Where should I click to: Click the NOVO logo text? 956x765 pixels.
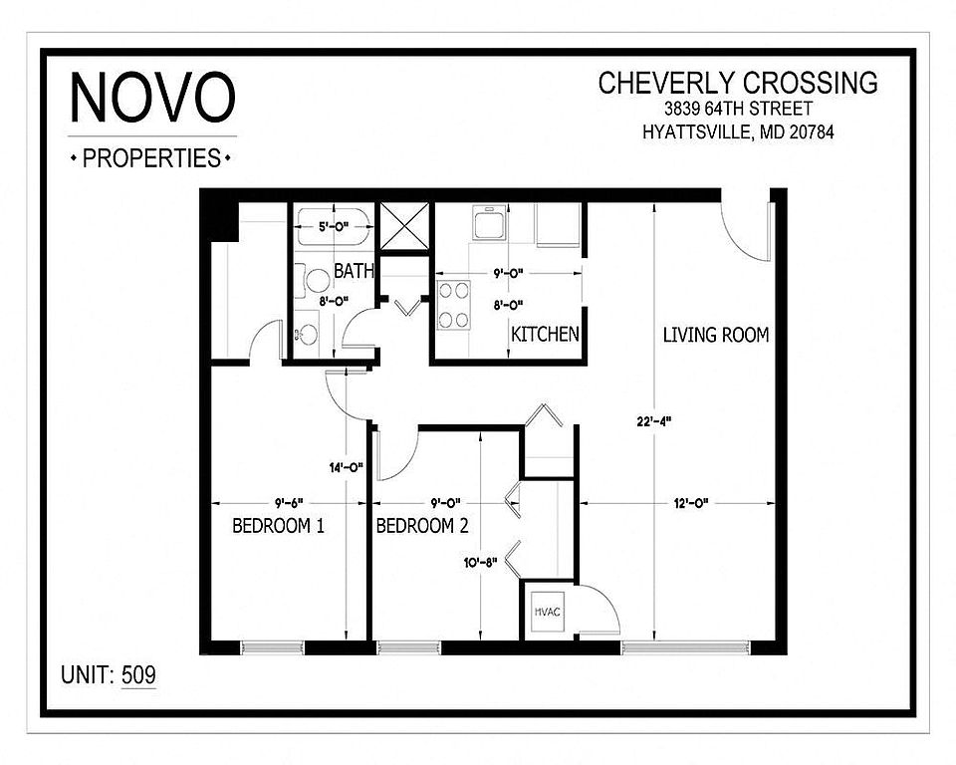(152, 97)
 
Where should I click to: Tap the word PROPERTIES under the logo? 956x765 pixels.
(151, 158)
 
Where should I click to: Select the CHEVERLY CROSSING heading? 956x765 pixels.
(738, 83)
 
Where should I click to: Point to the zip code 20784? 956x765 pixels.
(812, 131)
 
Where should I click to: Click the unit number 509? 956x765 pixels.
(138, 674)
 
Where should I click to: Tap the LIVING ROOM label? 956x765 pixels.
(716, 335)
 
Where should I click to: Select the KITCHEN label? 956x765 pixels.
(545, 335)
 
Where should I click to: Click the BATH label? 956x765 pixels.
(354, 270)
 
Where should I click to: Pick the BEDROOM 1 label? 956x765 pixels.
(278, 525)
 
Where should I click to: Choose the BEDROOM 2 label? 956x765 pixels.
(422, 525)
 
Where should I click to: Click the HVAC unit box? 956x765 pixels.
(548, 612)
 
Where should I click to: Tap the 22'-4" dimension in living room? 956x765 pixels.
(654, 421)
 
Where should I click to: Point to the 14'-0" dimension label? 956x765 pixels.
(347, 468)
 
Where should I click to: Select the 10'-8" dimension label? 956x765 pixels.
(480, 563)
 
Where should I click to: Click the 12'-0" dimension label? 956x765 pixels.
(691, 503)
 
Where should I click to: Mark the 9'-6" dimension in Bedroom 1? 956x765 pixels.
(289, 503)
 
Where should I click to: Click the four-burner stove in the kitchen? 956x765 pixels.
(454, 305)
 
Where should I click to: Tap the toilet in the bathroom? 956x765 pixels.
(313, 281)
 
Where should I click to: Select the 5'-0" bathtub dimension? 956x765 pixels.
(334, 227)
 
